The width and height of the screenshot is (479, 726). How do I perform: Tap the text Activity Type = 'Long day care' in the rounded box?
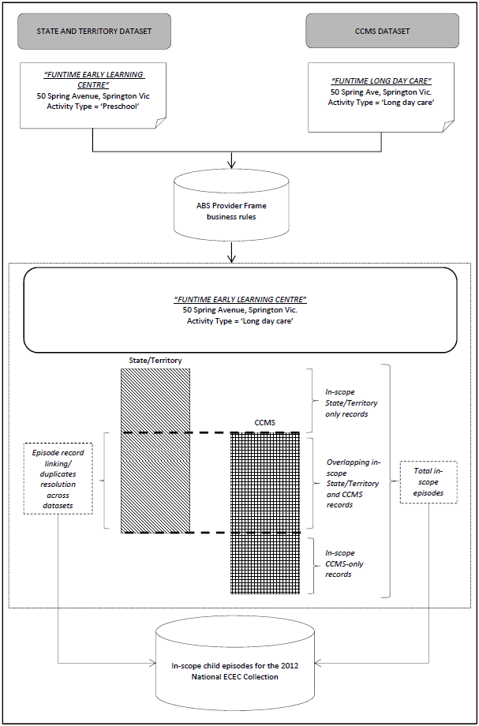coord(240,321)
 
